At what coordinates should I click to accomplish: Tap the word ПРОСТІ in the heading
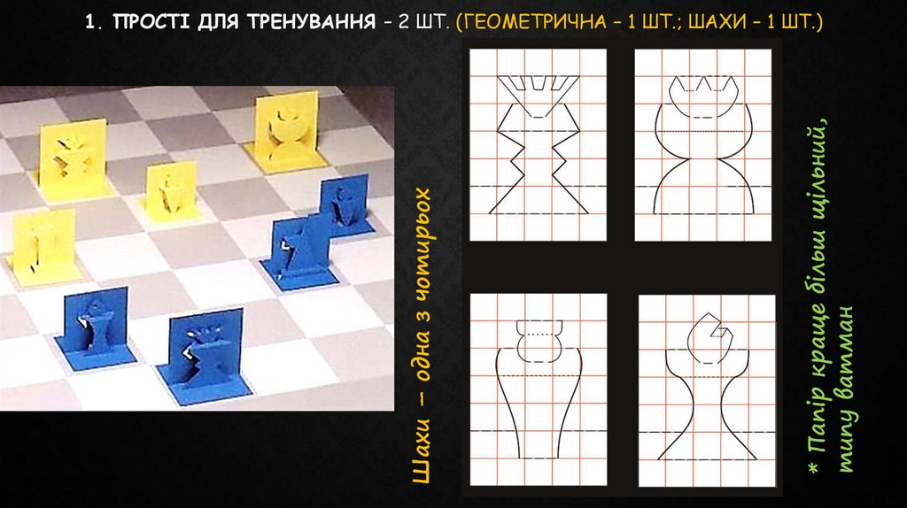pos(152,22)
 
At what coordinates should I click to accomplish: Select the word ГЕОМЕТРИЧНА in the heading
pos(531,22)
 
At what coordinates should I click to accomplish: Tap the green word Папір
pos(818,426)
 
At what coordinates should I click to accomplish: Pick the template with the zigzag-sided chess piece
pos(538,145)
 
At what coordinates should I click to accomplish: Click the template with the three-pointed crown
pos(702,145)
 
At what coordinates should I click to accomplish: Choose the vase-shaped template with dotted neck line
pos(539,389)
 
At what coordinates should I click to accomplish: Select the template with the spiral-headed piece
pos(707,390)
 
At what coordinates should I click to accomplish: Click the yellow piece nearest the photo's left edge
pos(43,246)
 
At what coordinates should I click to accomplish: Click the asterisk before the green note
pos(814,467)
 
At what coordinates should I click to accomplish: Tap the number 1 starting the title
pos(89,22)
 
